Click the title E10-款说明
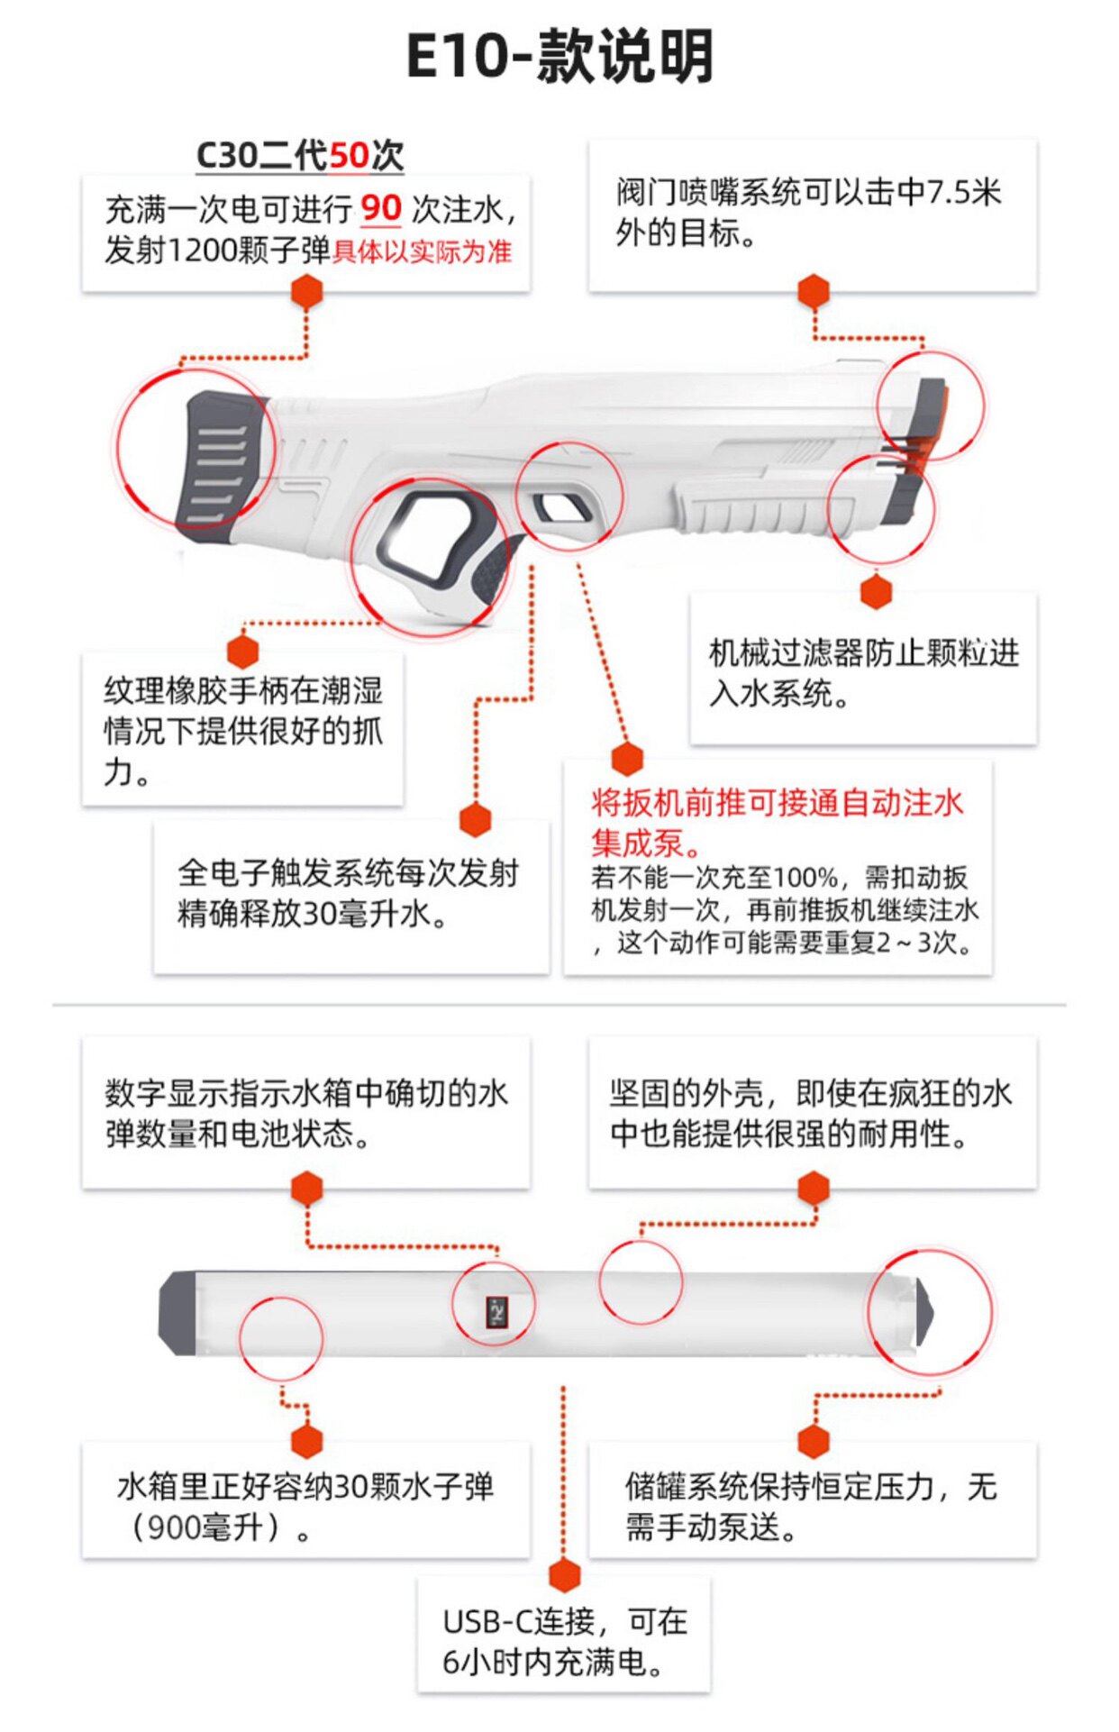559,56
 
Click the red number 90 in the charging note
380,208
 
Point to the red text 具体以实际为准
422,251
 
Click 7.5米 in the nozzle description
964,192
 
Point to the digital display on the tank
496,1311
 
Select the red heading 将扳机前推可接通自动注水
777,802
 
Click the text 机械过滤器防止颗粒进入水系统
862,672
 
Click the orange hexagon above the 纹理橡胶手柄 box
243,651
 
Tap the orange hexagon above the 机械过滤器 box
876,592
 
